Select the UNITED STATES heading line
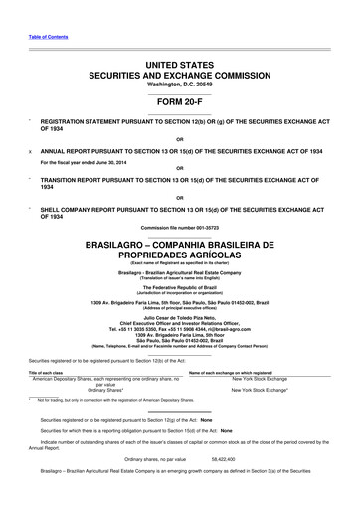coord(179,63)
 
